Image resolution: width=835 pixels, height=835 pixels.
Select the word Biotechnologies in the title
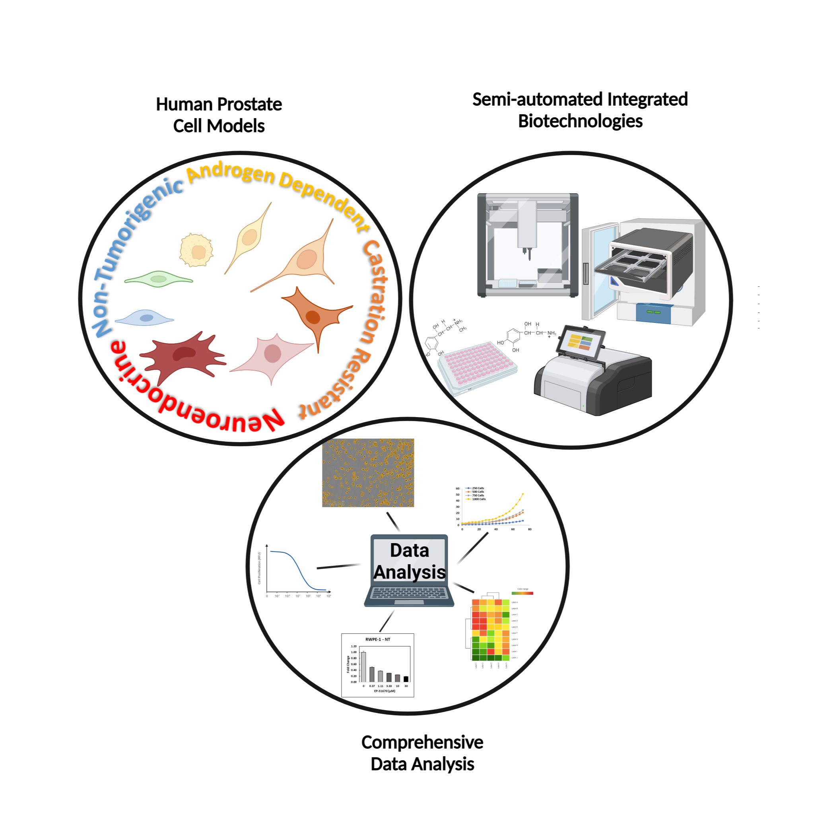point(580,121)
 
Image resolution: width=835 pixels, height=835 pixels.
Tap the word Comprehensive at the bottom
point(422,742)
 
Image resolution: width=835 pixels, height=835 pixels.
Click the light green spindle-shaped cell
point(158,279)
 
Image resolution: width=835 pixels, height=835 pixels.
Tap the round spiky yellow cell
point(197,250)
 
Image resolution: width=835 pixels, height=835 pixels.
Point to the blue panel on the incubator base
point(653,313)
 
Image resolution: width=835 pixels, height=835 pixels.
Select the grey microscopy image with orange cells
point(368,472)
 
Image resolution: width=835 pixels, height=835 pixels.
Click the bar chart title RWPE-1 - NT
point(377,639)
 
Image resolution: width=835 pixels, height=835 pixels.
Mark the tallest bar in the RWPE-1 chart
point(363,666)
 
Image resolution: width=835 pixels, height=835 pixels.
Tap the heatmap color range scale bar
point(522,593)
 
